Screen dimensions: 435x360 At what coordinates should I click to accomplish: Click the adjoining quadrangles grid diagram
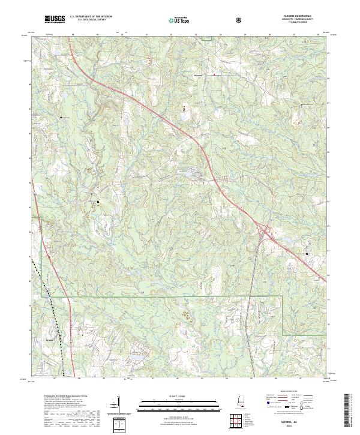[x=238, y=419]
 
